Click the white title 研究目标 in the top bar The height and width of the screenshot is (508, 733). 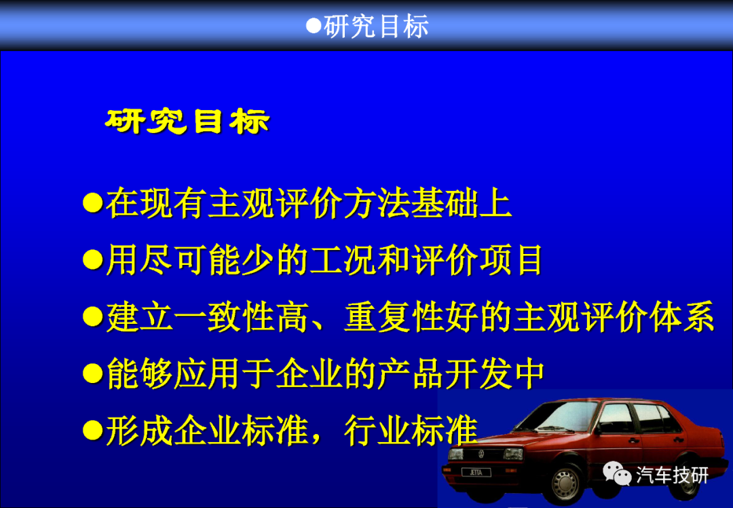click(376, 26)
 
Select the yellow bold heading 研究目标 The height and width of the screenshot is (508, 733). click(187, 122)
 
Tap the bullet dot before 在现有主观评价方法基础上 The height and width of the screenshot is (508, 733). click(92, 202)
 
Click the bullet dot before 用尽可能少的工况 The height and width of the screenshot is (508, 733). click(92, 259)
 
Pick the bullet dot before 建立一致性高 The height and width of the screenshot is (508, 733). click(92, 316)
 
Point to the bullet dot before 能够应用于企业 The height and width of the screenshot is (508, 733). click(92, 374)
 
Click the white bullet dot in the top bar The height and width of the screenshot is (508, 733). click(313, 26)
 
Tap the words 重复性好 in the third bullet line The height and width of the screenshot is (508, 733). click(411, 317)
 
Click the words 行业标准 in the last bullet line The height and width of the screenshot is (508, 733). click(411, 431)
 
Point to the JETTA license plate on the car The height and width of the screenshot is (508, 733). click(476, 472)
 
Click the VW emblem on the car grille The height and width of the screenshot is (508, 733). click(481, 453)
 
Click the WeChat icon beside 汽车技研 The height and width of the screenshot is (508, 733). click(617, 473)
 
